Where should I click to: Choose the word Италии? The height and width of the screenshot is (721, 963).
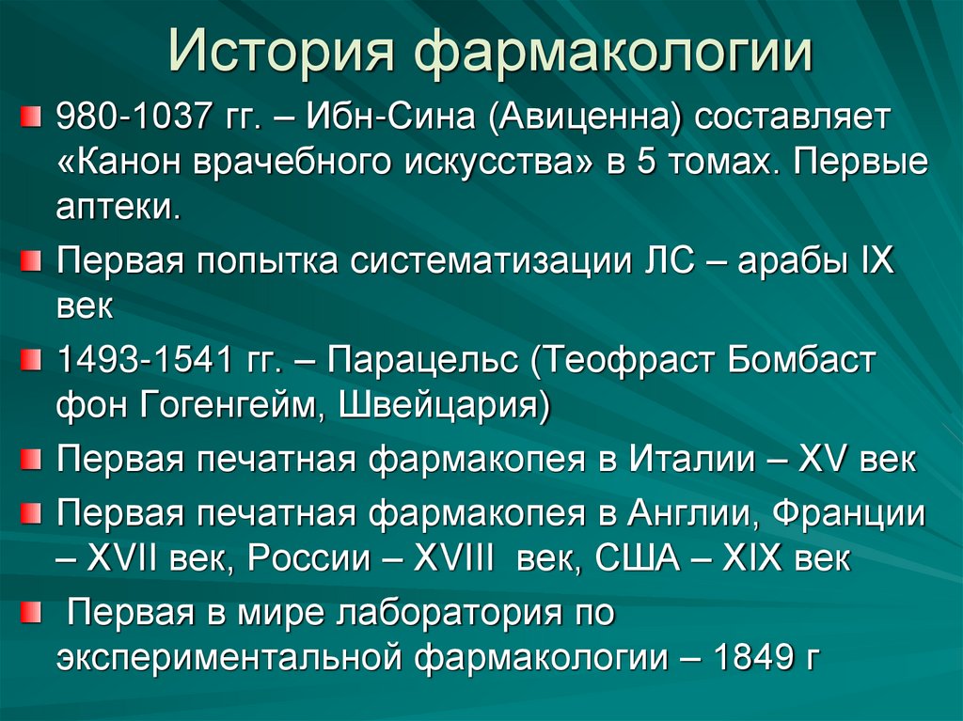pyautogui.click(x=692, y=461)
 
